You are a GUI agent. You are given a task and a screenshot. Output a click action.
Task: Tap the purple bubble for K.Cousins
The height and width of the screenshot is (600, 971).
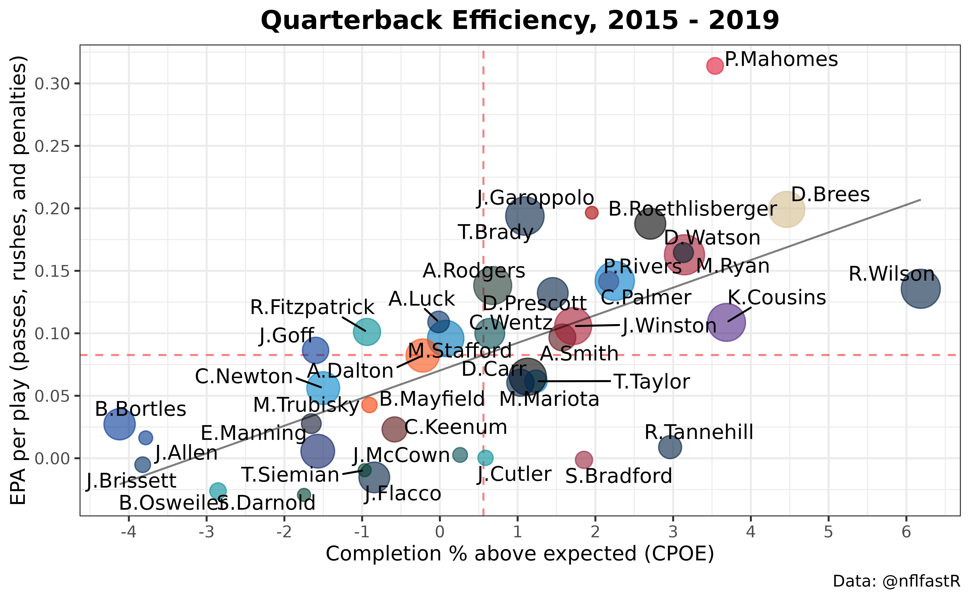pyautogui.click(x=726, y=322)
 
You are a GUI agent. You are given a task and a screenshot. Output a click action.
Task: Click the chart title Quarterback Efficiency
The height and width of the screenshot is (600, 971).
pyautogui.click(x=520, y=21)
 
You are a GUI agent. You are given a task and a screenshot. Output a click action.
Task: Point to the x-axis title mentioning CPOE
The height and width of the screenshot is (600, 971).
pyautogui.click(x=520, y=554)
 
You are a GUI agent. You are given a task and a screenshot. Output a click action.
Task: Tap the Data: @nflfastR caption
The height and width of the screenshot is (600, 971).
pyautogui.click(x=896, y=581)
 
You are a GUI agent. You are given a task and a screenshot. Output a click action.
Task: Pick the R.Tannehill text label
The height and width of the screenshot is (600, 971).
pyautogui.click(x=699, y=432)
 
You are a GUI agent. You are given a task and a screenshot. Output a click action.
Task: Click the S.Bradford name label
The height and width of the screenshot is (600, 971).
pyautogui.click(x=619, y=476)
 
